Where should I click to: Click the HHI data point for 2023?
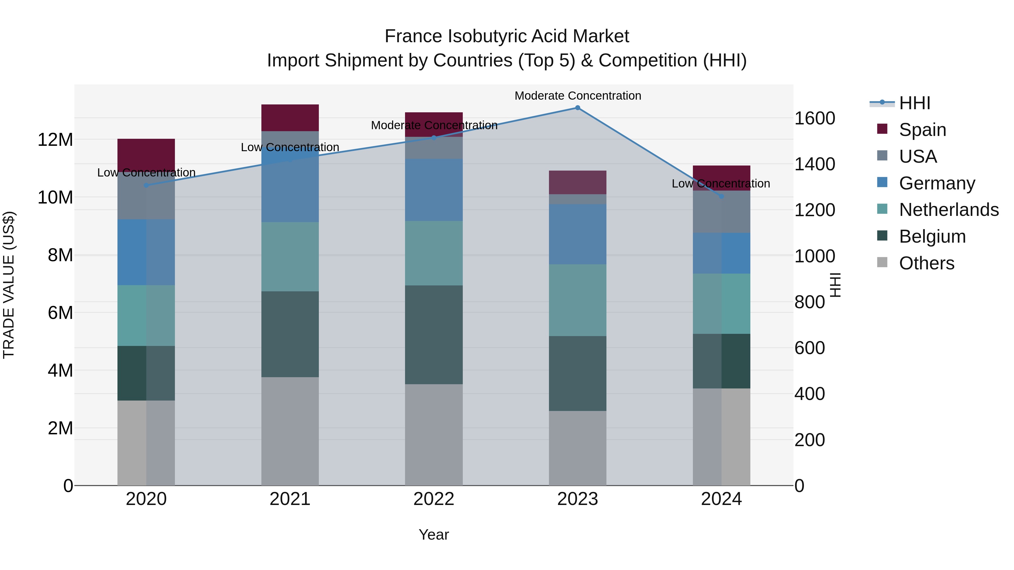(x=577, y=108)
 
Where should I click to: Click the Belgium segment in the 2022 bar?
(x=434, y=335)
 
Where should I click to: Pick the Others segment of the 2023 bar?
(x=577, y=448)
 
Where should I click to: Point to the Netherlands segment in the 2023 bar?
(x=577, y=300)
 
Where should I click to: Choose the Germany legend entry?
(x=937, y=183)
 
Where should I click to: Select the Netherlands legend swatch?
(x=882, y=209)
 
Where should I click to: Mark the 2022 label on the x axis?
(x=434, y=499)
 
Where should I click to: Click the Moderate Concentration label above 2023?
(x=577, y=96)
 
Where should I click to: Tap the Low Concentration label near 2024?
(x=721, y=184)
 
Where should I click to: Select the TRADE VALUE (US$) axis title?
(x=9, y=285)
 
